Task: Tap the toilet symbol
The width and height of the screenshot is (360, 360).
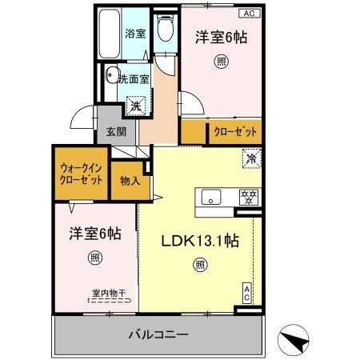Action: click(x=165, y=30)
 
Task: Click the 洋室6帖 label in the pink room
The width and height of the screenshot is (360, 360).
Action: click(x=221, y=36)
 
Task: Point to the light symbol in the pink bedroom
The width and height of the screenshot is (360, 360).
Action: click(x=220, y=62)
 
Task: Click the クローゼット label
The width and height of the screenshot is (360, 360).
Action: click(x=234, y=130)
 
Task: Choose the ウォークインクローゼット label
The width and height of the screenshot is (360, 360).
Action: click(x=81, y=174)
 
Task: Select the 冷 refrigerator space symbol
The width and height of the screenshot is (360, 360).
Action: click(x=250, y=159)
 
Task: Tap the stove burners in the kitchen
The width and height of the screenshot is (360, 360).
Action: click(x=249, y=197)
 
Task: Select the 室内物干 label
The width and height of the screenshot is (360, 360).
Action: click(x=98, y=294)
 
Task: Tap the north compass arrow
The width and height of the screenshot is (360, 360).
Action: click(x=298, y=341)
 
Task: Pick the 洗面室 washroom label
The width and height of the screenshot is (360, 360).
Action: click(x=133, y=78)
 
